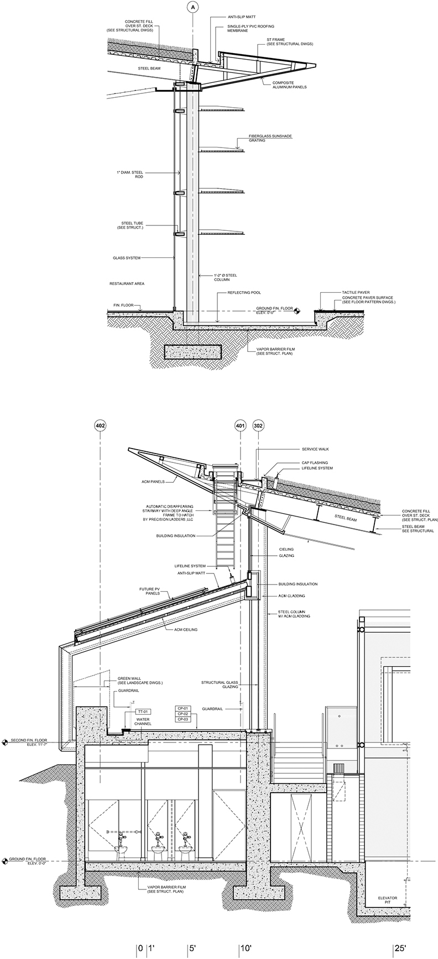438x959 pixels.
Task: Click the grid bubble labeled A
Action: tap(192, 7)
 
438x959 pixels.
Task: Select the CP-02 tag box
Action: tap(183, 714)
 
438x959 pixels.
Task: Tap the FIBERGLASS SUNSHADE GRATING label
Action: tap(265, 138)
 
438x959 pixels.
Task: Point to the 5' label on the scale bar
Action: tap(192, 948)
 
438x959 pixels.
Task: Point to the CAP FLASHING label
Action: tap(315, 462)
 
